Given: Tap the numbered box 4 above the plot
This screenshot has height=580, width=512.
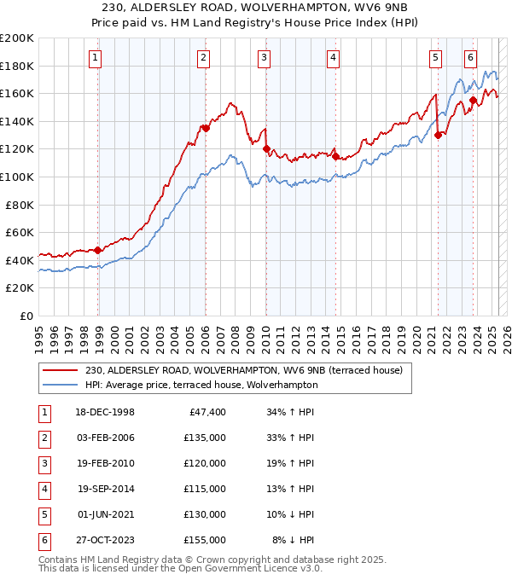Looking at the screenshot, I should pos(333,58).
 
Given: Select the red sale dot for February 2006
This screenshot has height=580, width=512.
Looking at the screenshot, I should pos(206,128).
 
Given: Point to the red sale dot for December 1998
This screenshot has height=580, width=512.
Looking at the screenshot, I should pos(98,250).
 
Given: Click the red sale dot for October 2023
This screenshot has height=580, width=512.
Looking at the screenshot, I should pos(473,101).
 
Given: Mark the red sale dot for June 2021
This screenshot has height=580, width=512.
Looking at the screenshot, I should pos(438,135).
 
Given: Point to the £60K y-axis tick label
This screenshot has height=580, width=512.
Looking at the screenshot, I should pos(20,232).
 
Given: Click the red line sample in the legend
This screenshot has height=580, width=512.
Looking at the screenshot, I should pos(60,370).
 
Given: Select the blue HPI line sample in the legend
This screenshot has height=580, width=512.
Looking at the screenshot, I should pos(60,385).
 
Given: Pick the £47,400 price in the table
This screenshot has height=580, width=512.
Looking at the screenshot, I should pos(205,412).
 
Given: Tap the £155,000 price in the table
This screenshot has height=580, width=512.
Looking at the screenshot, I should pos(205,540).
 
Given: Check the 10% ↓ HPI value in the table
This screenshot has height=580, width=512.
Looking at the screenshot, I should pos(293,514).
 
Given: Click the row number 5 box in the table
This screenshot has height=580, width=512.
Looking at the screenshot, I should pos(42,514).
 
